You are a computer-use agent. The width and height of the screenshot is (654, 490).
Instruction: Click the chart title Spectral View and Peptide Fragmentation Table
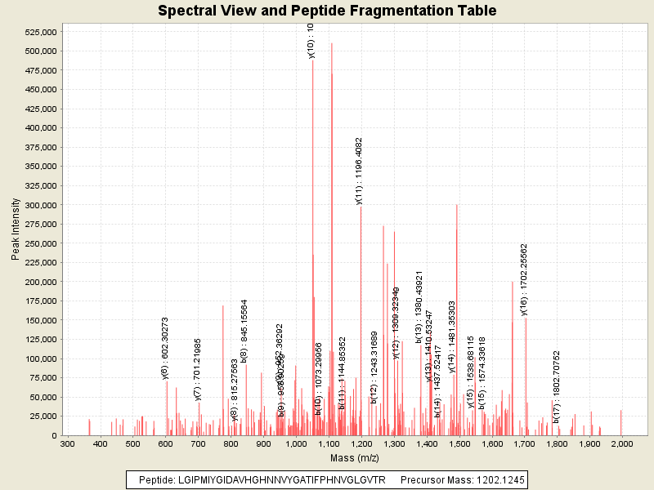327,11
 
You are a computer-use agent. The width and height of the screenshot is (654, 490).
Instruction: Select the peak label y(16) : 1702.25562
524,279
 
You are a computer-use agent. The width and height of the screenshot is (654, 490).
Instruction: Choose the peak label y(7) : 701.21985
197,368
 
